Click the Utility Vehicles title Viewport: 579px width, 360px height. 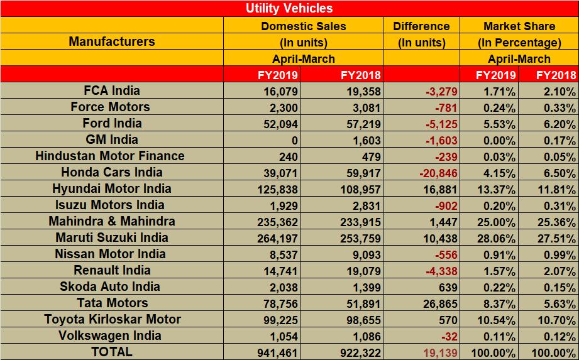[289, 8]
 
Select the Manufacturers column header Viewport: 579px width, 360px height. [112, 41]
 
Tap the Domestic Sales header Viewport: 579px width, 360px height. [303, 26]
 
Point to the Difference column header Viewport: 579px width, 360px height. [421, 26]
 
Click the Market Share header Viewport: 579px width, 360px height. [519, 26]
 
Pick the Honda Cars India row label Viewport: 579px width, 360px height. [112, 172]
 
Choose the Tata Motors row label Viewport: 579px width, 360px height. [112, 303]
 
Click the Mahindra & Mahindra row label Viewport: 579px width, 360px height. [112, 221]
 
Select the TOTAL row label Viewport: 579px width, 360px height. [112, 352]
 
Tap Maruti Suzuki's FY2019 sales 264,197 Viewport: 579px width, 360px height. [277, 237]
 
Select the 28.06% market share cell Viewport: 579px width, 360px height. [497, 237]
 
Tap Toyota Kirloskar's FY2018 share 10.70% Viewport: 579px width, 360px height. [556, 319]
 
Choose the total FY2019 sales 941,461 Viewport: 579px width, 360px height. [277, 352]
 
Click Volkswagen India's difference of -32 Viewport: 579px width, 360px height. [446, 335]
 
